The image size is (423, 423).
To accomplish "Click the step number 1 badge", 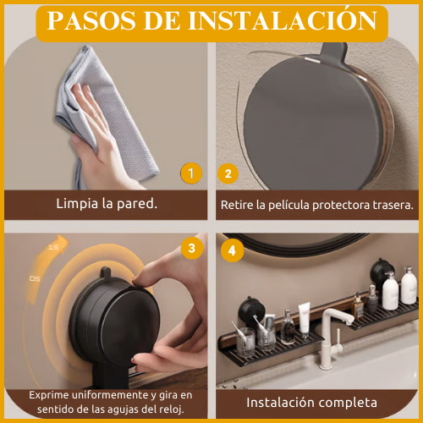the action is point(191,173).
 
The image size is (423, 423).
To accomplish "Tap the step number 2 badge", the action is point(228,173).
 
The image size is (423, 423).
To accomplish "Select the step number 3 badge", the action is point(192,248).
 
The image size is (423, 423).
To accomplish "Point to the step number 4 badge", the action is point(232,250).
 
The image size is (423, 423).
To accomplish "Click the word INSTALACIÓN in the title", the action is point(283,20).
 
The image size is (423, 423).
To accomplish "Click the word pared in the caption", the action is point(137,204).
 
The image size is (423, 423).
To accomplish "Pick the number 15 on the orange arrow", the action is point(53,247).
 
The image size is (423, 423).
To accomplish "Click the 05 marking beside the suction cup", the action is point(35,278).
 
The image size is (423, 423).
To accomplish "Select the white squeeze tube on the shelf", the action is point(305,318).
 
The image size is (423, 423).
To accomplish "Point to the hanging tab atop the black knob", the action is point(106,272).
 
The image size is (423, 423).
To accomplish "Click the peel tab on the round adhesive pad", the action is point(333,52).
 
